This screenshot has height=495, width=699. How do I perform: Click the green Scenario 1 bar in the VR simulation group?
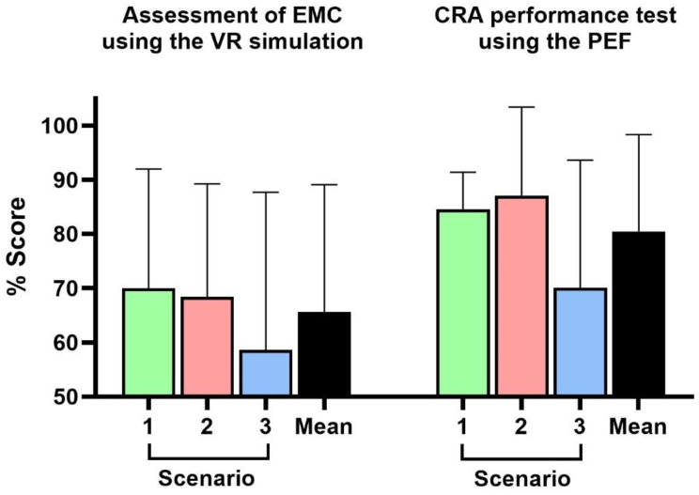(x=148, y=342)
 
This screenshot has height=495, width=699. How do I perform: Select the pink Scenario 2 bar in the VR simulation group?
(x=207, y=347)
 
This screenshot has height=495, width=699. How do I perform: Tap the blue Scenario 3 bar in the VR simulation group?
(x=266, y=373)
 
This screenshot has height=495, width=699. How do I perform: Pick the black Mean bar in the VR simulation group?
(x=324, y=354)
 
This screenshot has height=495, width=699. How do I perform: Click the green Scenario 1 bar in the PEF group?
(x=463, y=302)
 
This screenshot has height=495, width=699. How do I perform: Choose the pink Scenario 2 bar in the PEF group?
(x=521, y=296)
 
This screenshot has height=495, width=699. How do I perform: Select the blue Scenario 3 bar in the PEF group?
(x=580, y=342)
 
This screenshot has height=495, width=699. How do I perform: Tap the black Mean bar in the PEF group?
(x=639, y=314)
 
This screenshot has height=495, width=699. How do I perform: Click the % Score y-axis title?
(x=17, y=246)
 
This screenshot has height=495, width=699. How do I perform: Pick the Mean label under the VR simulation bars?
(x=324, y=426)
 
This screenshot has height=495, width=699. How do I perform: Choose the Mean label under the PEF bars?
(x=638, y=426)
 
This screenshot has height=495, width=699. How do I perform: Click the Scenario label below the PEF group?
(x=522, y=479)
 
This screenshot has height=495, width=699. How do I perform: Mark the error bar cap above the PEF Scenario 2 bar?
(x=521, y=107)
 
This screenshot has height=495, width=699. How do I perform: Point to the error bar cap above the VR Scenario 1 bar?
(x=148, y=169)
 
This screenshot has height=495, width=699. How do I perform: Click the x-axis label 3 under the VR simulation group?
(x=265, y=426)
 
